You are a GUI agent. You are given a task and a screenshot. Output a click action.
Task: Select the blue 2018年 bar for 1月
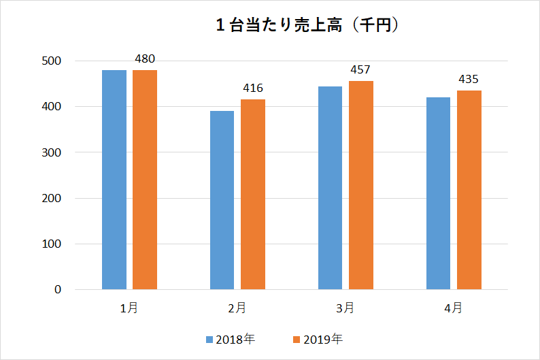pyautogui.click(x=114, y=180)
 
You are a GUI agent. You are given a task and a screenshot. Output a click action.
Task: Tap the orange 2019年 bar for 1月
pyautogui.click(x=145, y=180)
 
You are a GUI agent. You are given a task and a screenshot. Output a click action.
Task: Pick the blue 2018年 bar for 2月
pyautogui.click(x=222, y=200)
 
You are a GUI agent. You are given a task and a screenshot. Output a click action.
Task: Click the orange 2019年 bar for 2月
pyautogui.click(x=253, y=195)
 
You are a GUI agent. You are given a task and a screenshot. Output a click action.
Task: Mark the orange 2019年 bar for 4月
pyautogui.click(x=469, y=190)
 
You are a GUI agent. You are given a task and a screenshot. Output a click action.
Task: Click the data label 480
pyautogui.click(x=145, y=59)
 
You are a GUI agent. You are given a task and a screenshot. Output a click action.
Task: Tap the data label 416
pyautogui.click(x=253, y=88)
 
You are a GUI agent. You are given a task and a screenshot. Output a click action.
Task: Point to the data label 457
pyautogui.click(x=361, y=69)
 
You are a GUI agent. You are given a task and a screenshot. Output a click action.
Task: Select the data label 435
pyautogui.click(x=469, y=79)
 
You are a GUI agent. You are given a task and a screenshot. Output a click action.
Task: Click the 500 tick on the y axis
pyautogui.click(x=52, y=61)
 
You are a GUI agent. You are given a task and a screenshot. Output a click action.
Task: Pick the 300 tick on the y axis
pyautogui.click(x=52, y=152)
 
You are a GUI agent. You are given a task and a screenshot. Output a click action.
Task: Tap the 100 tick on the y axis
pyautogui.click(x=52, y=244)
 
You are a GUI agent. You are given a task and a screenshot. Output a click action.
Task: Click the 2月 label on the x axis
pyautogui.click(x=237, y=308)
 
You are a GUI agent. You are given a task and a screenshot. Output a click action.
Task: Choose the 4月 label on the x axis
pyautogui.click(x=453, y=308)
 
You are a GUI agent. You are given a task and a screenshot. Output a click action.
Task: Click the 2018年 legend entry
pyautogui.click(x=231, y=339)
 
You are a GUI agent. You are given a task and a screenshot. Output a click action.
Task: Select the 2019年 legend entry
pyautogui.click(x=318, y=339)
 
